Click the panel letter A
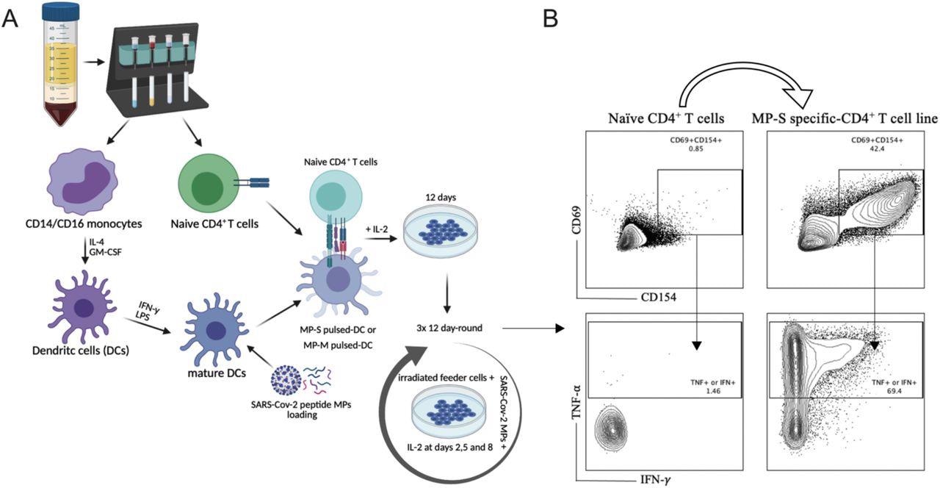click(10, 18)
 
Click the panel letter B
click(552, 18)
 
